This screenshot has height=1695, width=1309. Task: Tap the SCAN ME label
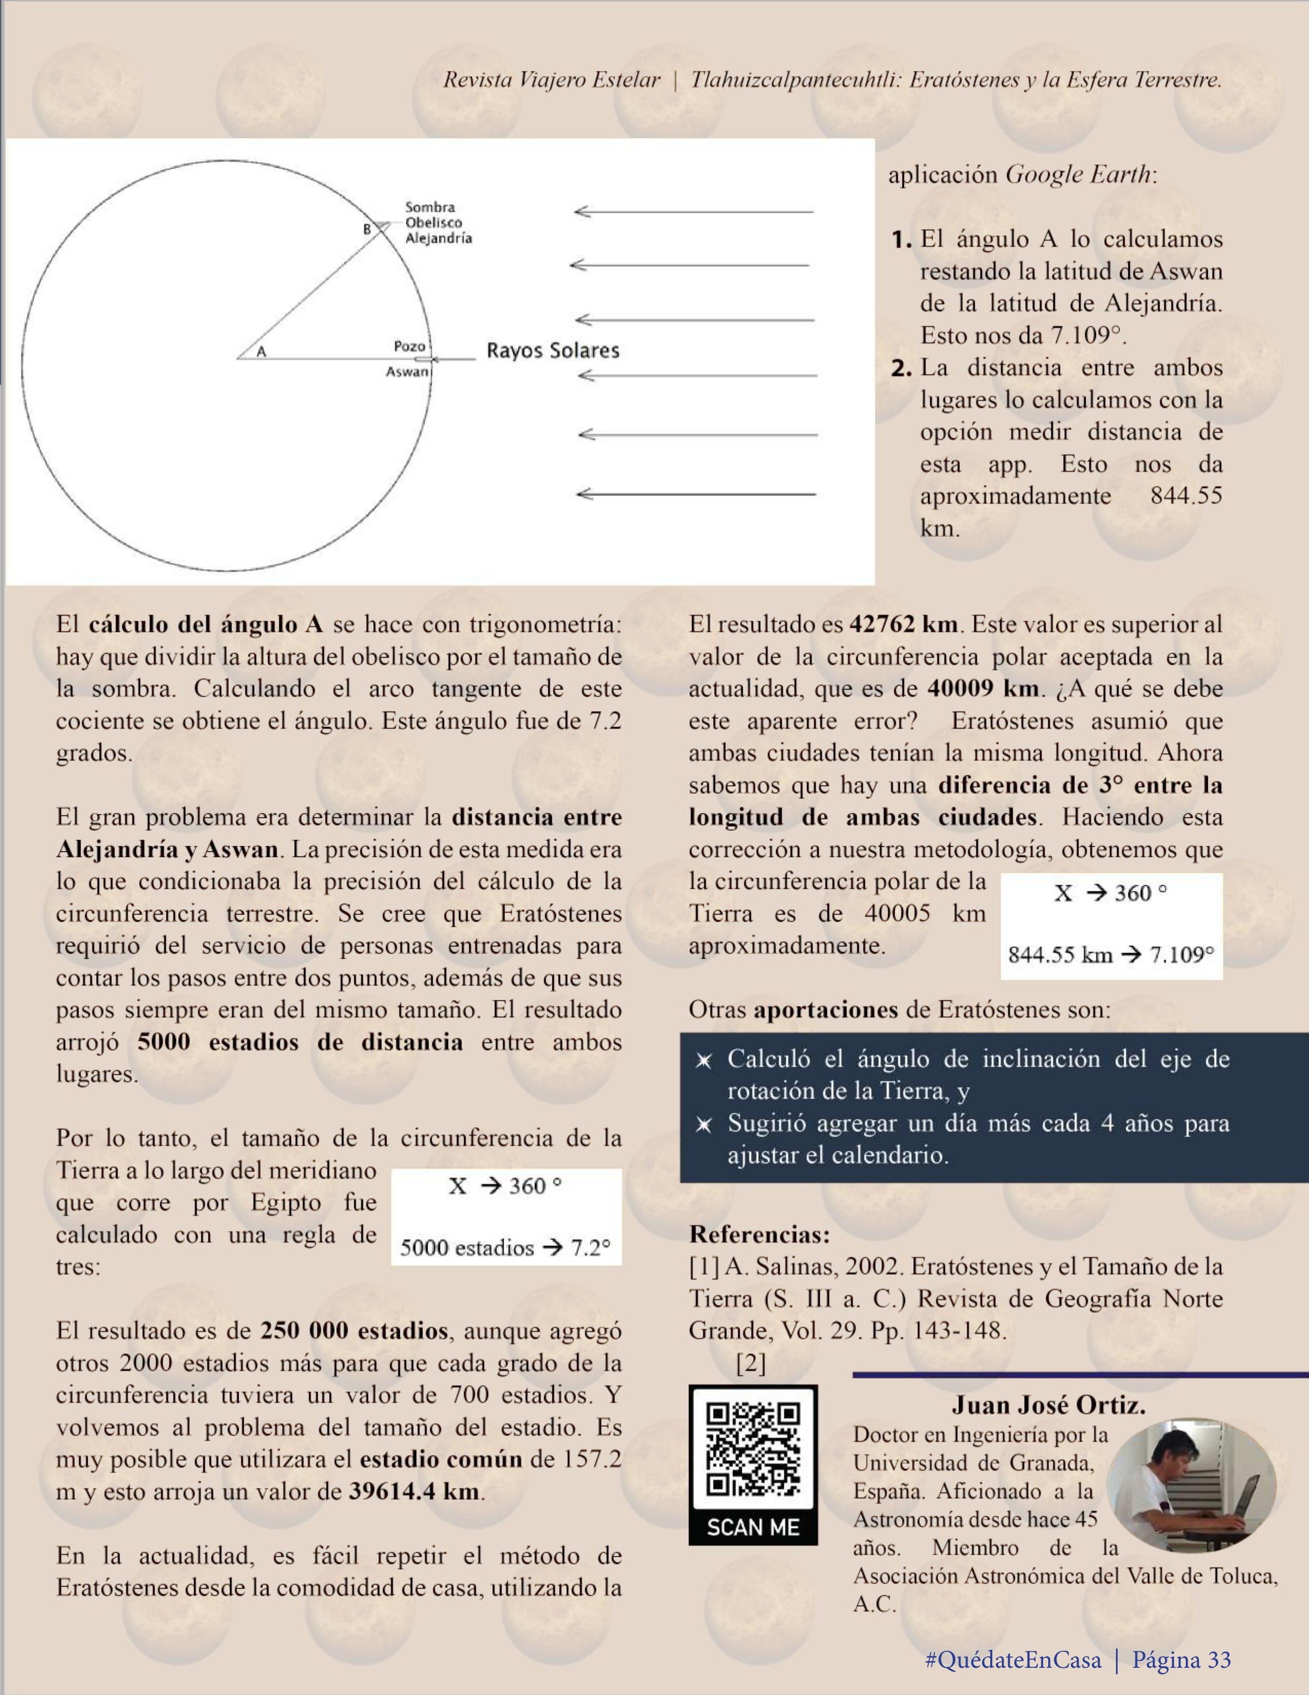(x=753, y=1528)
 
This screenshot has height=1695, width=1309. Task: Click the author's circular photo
(x=1191, y=1485)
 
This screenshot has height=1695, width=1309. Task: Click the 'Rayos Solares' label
(x=552, y=351)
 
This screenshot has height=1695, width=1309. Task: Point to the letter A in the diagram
(x=261, y=352)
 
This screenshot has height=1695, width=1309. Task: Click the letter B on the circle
(x=368, y=230)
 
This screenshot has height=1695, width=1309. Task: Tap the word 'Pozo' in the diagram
(x=409, y=346)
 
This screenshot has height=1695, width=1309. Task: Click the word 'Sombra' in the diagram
(x=430, y=207)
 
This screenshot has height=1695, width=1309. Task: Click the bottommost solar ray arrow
(x=696, y=493)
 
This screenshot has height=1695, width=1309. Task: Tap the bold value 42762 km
(x=904, y=624)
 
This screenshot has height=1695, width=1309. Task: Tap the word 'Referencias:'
(x=759, y=1234)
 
